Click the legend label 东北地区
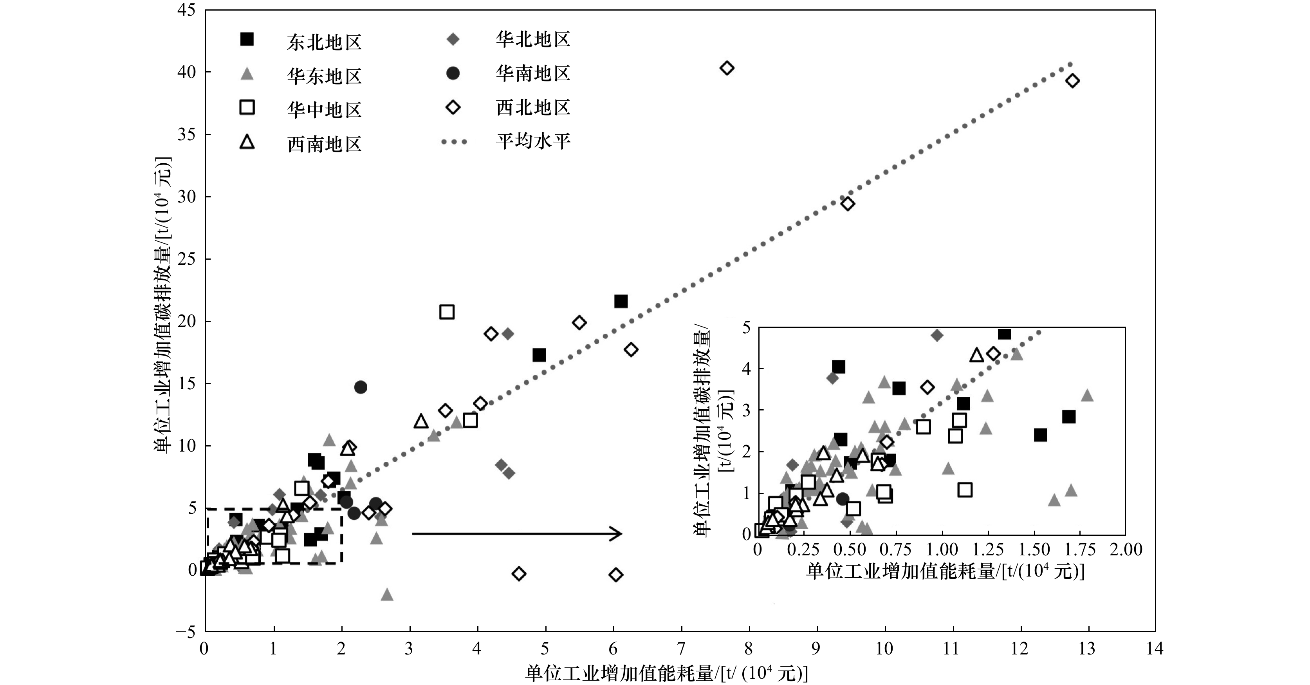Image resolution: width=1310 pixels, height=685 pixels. pyautogui.click(x=324, y=42)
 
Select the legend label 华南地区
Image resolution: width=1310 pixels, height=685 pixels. pyautogui.click(x=533, y=74)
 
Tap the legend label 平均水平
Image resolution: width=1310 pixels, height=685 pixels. pyautogui.click(x=533, y=141)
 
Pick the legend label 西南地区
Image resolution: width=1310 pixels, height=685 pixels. pyautogui.click(x=324, y=145)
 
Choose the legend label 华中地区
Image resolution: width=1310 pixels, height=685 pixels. pyautogui.click(x=324, y=110)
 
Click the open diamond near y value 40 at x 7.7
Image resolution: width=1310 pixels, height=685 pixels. pyautogui.click(x=727, y=68)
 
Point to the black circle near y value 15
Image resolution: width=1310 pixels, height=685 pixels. pyautogui.click(x=361, y=387)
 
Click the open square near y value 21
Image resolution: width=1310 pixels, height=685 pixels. pyautogui.click(x=446, y=312)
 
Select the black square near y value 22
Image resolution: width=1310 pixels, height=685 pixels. pyautogui.click(x=621, y=301)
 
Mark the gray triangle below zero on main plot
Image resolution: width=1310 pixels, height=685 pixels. pyautogui.click(x=387, y=594)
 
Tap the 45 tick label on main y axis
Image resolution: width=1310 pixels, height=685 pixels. pyautogui.click(x=186, y=10)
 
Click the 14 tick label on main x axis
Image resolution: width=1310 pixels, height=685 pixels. pyautogui.click(x=1155, y=649)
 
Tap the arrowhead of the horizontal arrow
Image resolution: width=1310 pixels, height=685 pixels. pyautogui.click(x=617, y=533)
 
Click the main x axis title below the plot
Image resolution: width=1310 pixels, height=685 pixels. pyautogui.click(x=666, y=674)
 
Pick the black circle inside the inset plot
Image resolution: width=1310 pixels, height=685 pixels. pyautogui.click(x=843, y=498)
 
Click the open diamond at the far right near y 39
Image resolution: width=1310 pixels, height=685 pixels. pyautogui.click(x=1072, y=81)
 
